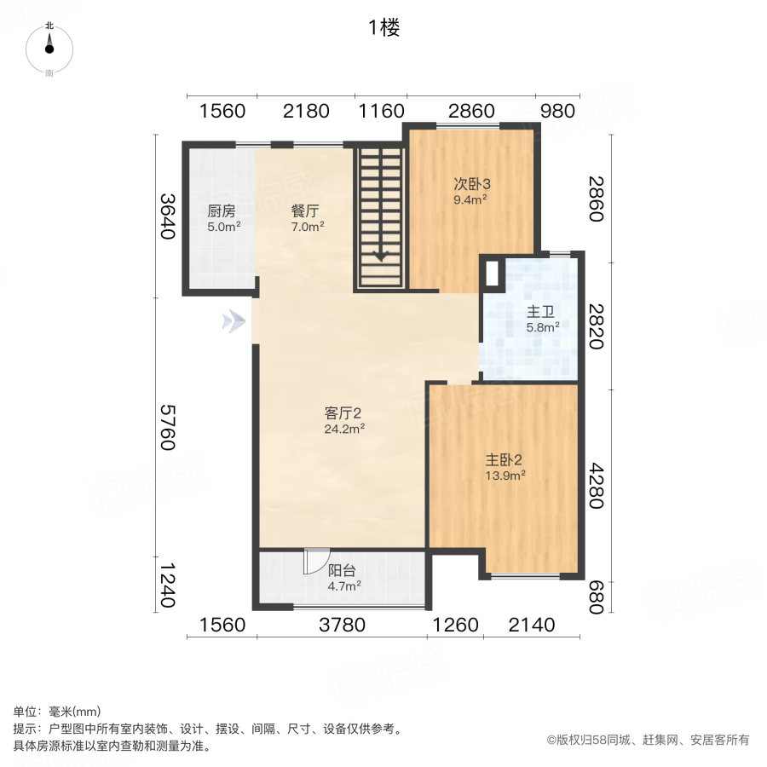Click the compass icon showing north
[x=49, y=47]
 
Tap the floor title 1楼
[x=383, y=28]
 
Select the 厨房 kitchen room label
[x=221, y=211]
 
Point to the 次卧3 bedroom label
[x=470, y=184]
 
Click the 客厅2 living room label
[x=344, y=413]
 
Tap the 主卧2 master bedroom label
[x=502, y=459]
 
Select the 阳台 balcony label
[x=343, y=571]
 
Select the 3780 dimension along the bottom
[x=342, y=626]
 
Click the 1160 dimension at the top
[x=380, y=111]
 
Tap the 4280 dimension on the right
[x=597, y=486]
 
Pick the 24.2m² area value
[x=344, y=429]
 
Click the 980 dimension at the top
[x=559, y=111]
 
